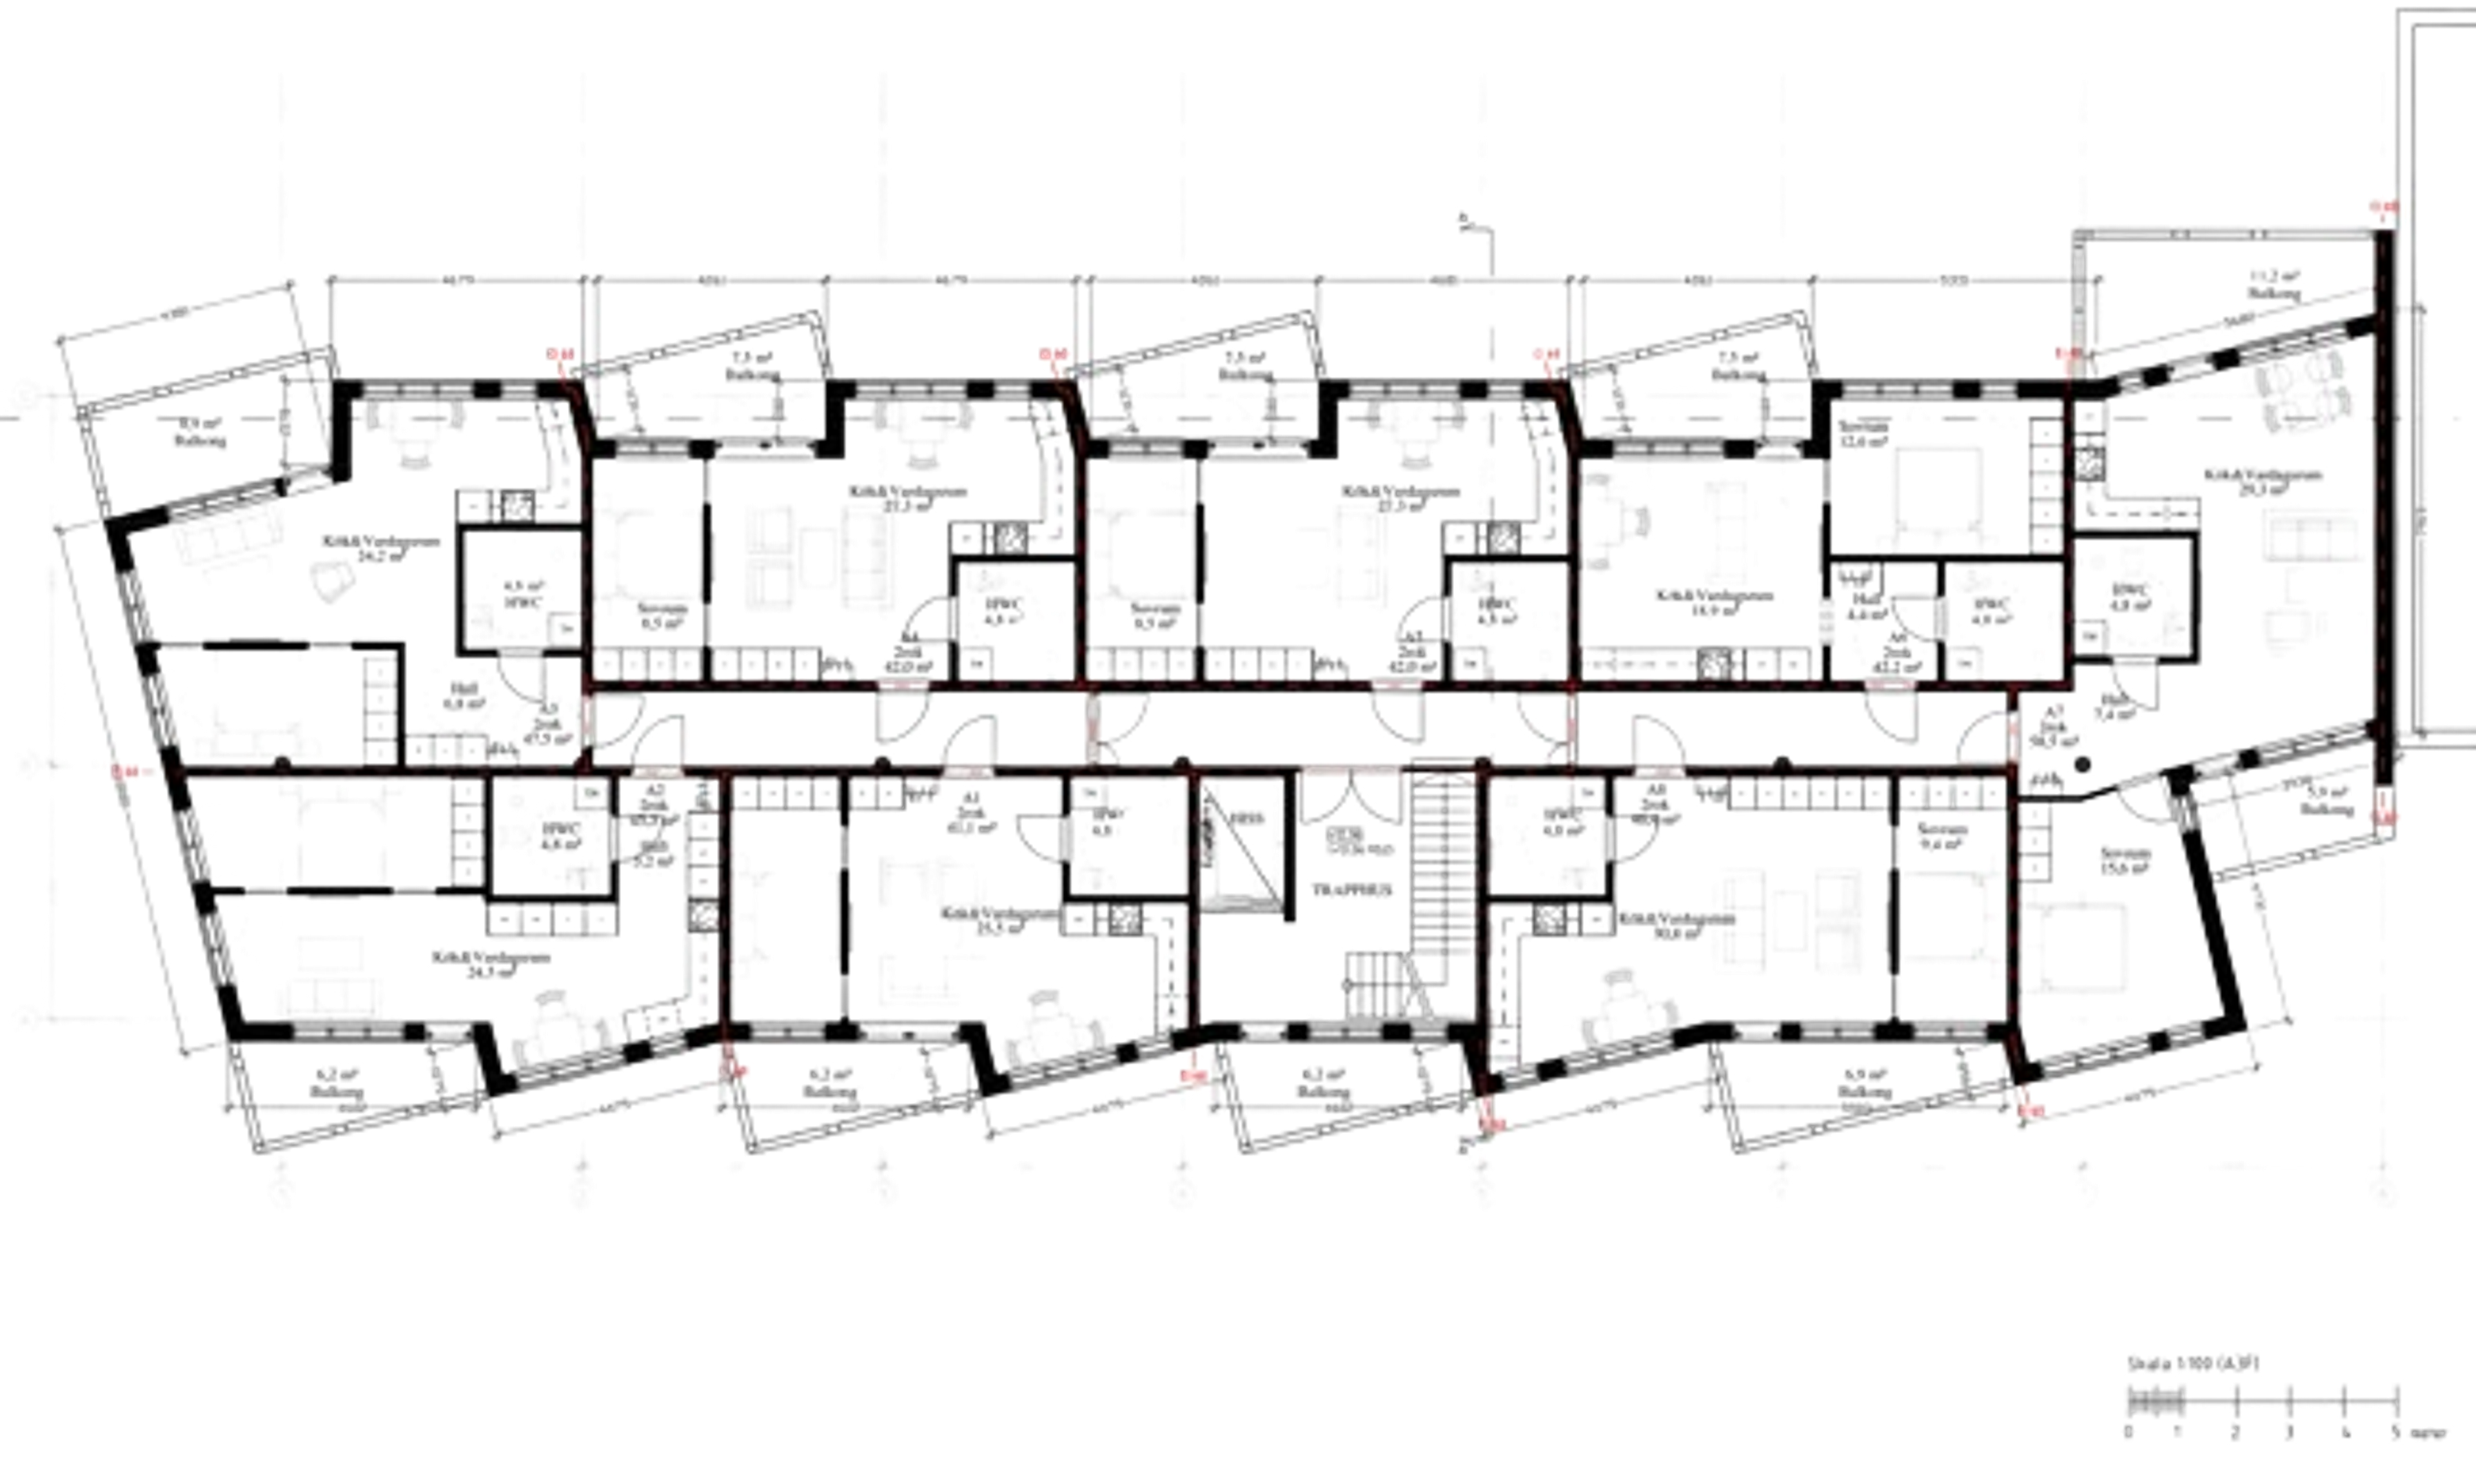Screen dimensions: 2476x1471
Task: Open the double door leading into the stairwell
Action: pyautogui.click(x=1351, y=803)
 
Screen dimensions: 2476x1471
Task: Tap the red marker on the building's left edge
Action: pyautogui.click(x=123, y=768)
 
